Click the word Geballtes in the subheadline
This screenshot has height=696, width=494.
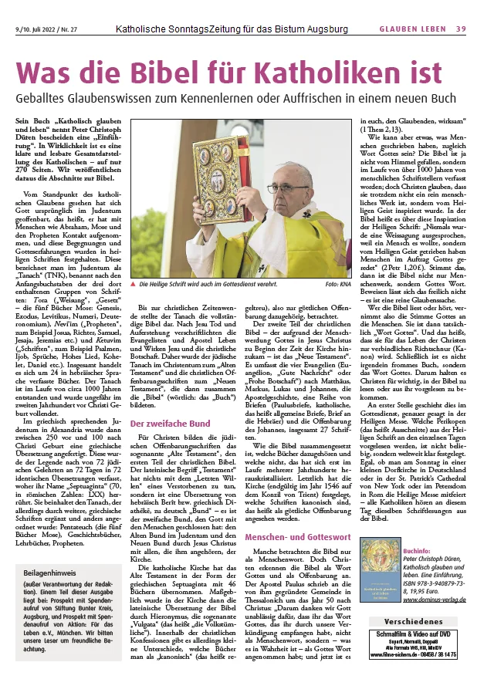coord(43,100)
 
